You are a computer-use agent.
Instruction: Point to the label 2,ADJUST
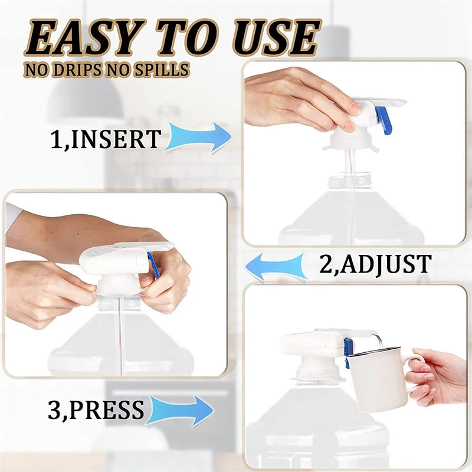(375, 264)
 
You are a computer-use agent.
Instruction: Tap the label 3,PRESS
(96, 410)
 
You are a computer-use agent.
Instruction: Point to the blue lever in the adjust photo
(154, 264)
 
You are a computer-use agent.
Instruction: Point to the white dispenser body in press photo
(307, 345)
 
